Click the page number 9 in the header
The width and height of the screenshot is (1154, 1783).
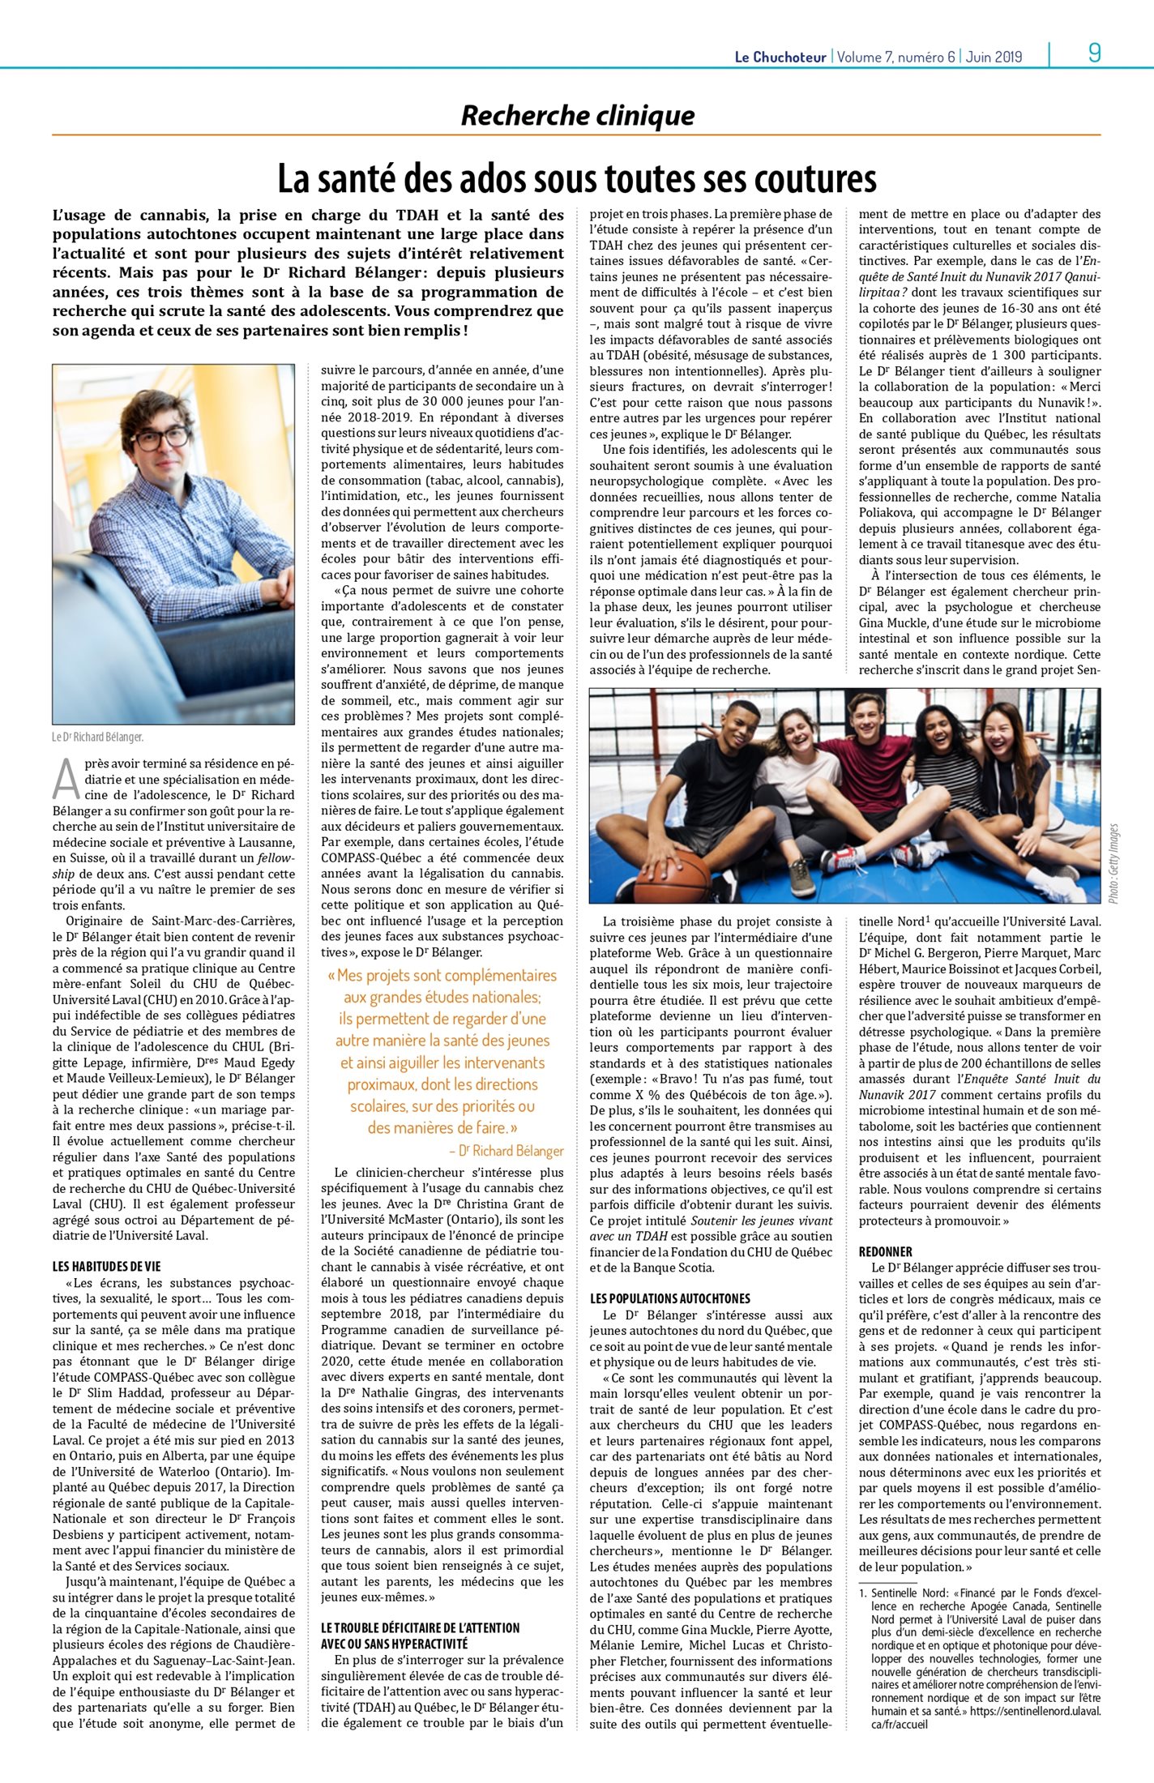[1094, 53]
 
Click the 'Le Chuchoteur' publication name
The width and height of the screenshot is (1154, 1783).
[780, 57]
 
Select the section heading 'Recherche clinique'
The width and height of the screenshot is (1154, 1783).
[577, 116]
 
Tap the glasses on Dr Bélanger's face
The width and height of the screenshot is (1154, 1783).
[161, 438]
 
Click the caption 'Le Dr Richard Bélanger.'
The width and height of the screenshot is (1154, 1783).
[97, 737]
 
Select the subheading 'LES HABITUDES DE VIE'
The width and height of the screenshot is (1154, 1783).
[106, 1266]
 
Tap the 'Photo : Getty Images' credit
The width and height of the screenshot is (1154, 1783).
[1113, 863]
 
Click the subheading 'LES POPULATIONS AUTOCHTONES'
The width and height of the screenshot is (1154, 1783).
[669, 1298]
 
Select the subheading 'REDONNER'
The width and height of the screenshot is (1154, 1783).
[885, 1251]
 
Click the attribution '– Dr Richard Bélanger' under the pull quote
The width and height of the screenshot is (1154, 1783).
[506, 1150]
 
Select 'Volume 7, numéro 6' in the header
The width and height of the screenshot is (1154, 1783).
[895, 57]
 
